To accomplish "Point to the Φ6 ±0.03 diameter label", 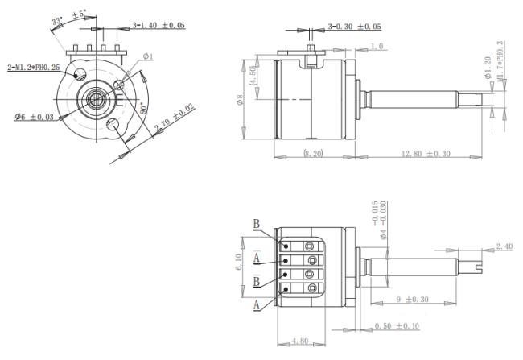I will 34,118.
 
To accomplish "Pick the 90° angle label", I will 143,106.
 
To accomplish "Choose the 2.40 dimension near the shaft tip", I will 504,246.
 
